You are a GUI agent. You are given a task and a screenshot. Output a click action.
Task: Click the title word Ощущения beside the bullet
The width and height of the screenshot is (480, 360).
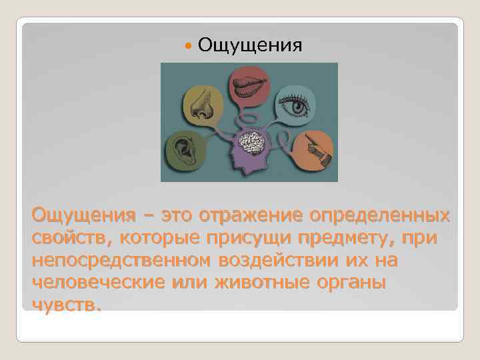tap(250, 45)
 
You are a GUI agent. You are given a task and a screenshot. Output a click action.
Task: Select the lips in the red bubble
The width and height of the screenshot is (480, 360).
tap(250, 85)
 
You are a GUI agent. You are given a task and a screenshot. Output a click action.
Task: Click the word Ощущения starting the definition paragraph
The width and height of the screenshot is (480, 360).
tap(73, 216)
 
